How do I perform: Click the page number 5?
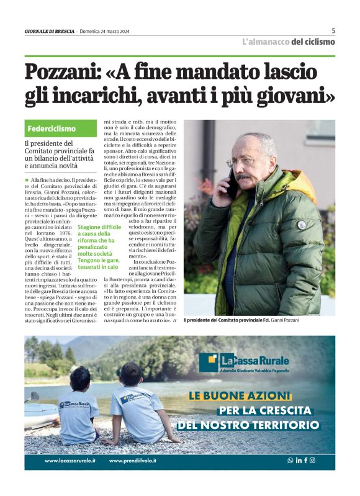333,30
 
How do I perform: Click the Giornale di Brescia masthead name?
49,32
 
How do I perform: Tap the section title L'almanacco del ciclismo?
288,42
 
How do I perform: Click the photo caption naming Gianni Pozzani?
241,320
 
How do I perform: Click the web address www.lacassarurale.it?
70,461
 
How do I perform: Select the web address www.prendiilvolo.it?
132,461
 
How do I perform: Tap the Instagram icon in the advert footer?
312,461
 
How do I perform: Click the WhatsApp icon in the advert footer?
290,461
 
